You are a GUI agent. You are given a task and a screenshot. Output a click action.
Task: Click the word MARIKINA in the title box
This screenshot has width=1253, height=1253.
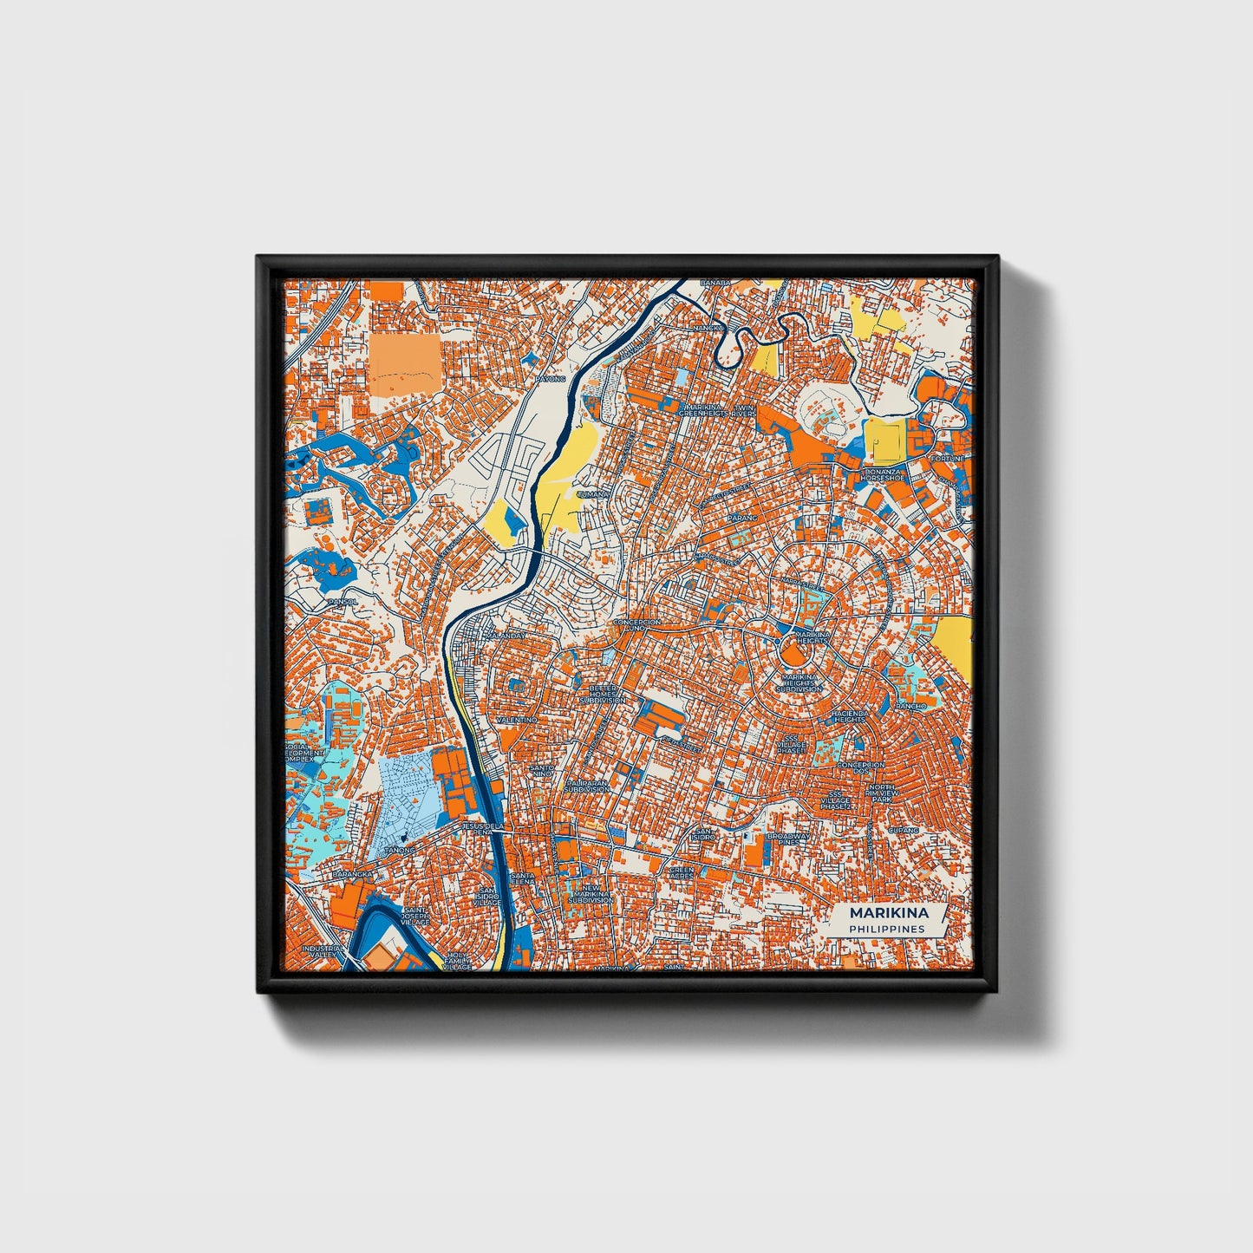[x=888, y=913]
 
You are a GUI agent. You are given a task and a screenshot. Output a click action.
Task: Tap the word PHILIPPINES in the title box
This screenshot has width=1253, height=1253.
[x=887, y=930]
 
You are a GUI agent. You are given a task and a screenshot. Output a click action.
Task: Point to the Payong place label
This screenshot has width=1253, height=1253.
[x=551, y=379]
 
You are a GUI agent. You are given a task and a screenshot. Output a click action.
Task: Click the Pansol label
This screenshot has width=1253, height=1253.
[x=342, y=601]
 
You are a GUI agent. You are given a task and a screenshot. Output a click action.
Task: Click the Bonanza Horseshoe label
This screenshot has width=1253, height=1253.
[x=883, y=474]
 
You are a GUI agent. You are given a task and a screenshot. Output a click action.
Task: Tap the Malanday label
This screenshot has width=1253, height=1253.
[x=506, y=636]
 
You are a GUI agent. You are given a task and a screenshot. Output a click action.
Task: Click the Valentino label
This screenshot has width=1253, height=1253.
[x=517, y=720]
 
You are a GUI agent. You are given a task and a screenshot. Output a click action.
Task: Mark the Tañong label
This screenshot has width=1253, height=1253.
[x=394, y=849]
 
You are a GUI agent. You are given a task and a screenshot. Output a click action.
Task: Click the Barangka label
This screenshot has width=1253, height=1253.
[x=353, y=875]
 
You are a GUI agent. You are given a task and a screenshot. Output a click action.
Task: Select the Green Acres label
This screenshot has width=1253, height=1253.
[x=682, y=872]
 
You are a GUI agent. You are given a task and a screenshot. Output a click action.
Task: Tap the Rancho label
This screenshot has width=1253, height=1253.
[x=911, y=706]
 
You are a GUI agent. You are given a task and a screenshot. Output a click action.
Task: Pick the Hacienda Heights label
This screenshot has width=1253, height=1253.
[x=848, y=716]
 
